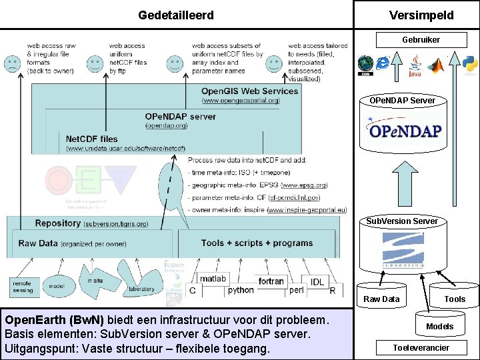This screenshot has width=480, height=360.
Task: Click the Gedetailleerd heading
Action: (x=176, y=15)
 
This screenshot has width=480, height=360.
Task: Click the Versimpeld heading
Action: (x=421, y=15)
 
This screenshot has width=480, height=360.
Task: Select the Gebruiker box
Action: (x=421, y=40)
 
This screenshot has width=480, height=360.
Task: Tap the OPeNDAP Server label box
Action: (x=402, y=100)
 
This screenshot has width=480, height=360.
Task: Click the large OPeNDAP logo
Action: (x=404, y=130)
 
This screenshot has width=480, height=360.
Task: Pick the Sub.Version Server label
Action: (x=402, y=221)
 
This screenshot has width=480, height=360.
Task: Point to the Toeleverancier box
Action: (x=421, y=347)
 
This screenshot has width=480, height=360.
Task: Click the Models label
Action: (x=439, y=326)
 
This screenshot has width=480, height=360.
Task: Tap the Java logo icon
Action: (x=415, y=66)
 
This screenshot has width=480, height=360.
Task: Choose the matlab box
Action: (x=213, y=278)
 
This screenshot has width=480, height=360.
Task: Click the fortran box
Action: (x=271, y=281)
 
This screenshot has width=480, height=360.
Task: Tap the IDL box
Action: (x=317, y=281)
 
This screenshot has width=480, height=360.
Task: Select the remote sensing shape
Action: (x=22, y=286)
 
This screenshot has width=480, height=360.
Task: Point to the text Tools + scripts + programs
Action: (x=257, y=243)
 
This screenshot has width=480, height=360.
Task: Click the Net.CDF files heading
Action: (x=92, y=139)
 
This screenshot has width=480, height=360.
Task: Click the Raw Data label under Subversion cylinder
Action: (x=381, y=299)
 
